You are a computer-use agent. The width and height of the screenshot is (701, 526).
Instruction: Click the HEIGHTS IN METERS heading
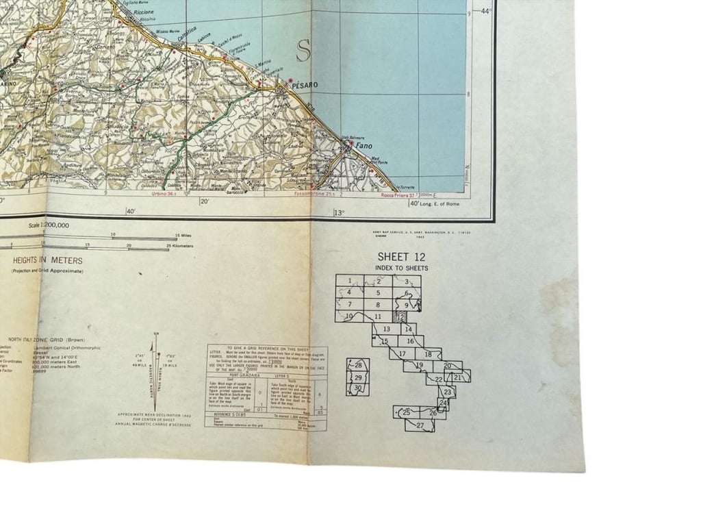48,260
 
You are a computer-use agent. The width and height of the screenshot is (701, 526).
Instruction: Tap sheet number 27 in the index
420,425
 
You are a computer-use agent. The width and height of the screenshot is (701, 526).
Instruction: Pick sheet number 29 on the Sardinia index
358,377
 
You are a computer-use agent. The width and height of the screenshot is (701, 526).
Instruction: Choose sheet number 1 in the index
349,280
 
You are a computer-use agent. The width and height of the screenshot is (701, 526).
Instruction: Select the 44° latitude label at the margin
487,11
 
